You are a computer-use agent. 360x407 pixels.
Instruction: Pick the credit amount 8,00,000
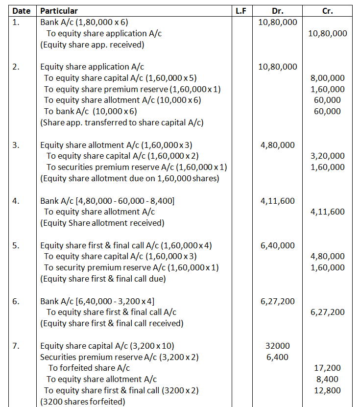[328, 78]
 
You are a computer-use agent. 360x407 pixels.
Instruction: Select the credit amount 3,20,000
[328, 156]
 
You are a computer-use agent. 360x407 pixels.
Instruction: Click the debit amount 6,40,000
[277, 245]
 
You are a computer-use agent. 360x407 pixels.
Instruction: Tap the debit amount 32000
[277, 346]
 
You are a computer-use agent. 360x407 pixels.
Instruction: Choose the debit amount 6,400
[277, 357]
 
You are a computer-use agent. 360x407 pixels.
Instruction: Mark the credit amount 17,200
[328, 368]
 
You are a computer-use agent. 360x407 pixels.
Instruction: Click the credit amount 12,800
[328, 390]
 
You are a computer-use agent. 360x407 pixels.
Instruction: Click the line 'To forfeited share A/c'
[89, 368]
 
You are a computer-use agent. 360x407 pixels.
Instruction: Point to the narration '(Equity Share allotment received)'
[102, 223]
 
